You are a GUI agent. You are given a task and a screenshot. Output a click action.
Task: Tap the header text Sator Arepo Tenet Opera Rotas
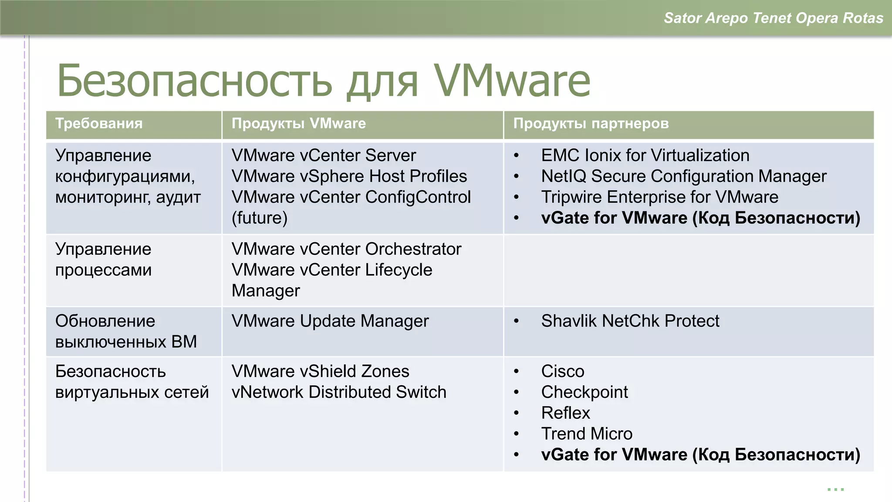[773, 18]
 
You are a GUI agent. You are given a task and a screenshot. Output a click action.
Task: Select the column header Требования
[99, 123]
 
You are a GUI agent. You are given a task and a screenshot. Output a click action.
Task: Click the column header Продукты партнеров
[591, 123]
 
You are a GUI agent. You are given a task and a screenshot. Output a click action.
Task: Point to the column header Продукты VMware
[298, 123]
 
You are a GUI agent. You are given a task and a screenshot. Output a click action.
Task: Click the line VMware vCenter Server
[324, 156]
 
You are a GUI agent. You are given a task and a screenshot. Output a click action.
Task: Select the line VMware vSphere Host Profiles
[349, 176]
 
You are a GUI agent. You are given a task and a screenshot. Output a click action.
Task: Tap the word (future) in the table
[260, 218]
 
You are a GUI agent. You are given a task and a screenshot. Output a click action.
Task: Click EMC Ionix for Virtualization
[645, 156]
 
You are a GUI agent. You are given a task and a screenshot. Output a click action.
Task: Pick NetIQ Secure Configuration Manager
[683, 176]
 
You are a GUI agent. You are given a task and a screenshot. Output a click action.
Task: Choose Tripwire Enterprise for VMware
[659, 197]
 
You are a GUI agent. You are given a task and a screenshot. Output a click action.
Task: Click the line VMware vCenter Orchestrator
[346, 249]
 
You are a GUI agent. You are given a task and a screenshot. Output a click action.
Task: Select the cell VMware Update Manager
[330, 321]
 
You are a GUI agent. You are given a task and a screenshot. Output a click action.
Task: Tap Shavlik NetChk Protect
[630, 321]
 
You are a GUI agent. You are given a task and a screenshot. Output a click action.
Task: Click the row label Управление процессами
[103, 260]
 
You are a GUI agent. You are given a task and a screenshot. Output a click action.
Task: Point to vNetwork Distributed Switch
[339, 392]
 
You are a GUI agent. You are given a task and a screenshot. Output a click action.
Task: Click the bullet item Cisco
[562, 371]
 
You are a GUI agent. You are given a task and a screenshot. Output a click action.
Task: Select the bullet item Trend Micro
[586, 434]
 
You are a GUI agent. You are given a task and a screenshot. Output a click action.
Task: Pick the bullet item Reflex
[565, 413]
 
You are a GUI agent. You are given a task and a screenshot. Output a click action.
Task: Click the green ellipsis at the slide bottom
[835, 489]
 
